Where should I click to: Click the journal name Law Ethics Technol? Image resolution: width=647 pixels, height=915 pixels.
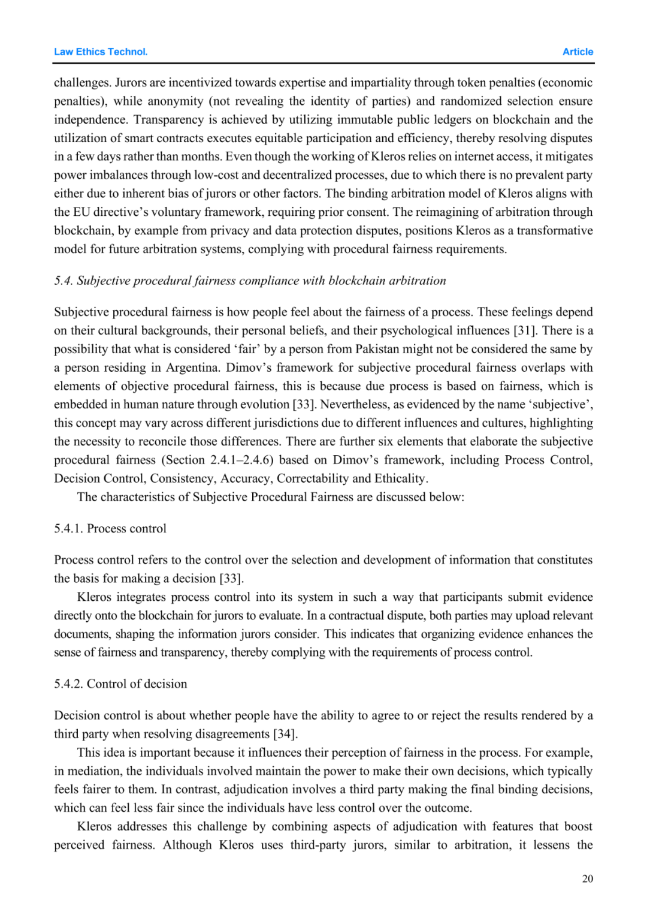[x=101, y=52]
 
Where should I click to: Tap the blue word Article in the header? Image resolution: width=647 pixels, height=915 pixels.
[x=578, y=52]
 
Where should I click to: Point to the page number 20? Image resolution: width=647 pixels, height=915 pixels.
[x=587, y=878]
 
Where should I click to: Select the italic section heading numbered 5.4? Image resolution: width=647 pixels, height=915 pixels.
[x=250, y=281]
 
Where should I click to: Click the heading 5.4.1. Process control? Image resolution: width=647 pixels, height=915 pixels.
[x=110, y=528]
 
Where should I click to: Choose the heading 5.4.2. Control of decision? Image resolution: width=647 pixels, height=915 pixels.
[x=120, y=684]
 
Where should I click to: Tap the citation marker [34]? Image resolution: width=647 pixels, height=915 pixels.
[x=285, y=734]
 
